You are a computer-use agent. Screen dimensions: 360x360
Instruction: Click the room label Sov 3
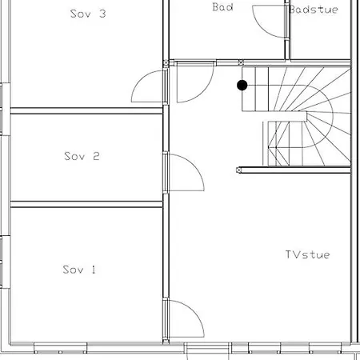[88, 14]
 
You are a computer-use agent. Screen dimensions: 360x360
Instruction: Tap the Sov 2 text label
[82, 156]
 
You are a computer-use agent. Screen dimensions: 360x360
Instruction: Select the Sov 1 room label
[79, 270]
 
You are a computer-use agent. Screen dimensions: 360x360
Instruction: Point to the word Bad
[222, 7]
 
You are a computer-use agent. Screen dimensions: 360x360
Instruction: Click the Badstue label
[314, 10]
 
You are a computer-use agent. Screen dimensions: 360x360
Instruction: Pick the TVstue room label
[307, 254]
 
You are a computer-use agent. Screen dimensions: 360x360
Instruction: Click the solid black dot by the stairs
[242, 86]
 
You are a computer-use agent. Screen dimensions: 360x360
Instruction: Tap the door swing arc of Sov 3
[142, 78]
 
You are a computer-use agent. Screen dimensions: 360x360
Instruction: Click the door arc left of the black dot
[205, 92]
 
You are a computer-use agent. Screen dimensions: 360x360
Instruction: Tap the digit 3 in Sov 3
[102, 14]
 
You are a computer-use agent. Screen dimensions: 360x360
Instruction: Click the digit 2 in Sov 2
[96, 156]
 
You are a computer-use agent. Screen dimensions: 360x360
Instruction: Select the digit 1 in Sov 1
[94, 270]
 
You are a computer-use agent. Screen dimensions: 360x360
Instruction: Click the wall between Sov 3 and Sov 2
[86, 110]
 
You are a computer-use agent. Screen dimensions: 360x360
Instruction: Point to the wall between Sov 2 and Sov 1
[86, 204]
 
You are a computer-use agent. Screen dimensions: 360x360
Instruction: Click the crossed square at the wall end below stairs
[239, 170]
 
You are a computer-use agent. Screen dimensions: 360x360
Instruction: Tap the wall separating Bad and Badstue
[287, 30]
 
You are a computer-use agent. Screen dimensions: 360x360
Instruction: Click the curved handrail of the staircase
[333, 116]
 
